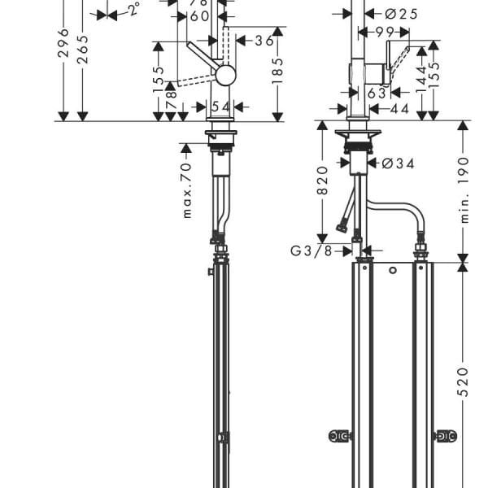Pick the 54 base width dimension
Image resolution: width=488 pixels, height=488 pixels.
(x=220, y=107)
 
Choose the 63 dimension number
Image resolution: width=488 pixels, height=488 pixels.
(x=377, y=94)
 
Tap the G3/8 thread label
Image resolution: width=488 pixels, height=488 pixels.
(x=311, y=251)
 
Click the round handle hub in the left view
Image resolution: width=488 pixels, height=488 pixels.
(x=225, y=75)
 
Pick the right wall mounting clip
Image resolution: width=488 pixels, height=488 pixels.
(x=446, y=436)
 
